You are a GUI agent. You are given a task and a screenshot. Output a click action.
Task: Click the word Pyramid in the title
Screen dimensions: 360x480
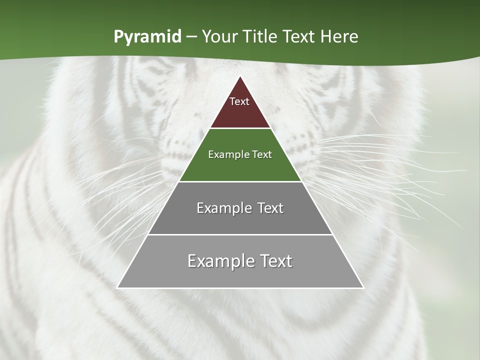tap(147, 37)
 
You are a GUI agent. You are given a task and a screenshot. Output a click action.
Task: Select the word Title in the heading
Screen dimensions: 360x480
tap(264, 36)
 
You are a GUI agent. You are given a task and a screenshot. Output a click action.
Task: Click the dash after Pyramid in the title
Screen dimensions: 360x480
tap(191, 37)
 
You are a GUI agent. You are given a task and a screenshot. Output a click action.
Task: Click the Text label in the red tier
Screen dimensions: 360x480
tap(239, 101)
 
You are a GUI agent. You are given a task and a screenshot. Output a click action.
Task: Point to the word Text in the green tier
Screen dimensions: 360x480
tap(262, 154)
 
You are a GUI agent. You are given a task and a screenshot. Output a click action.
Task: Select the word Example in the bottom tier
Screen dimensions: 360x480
tap(218, 261)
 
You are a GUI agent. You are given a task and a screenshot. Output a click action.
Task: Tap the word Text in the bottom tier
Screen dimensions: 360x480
tap(273, 261)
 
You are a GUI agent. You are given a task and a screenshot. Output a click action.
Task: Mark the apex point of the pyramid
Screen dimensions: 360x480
tap(240, 76)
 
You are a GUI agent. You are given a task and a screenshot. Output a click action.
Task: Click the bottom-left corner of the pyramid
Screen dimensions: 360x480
tap(117, 287)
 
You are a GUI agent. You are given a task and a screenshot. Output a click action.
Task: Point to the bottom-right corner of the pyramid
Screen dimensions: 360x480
tap(363, 287)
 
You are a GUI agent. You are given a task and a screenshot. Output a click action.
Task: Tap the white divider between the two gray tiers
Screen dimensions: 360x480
tap(240, 234)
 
